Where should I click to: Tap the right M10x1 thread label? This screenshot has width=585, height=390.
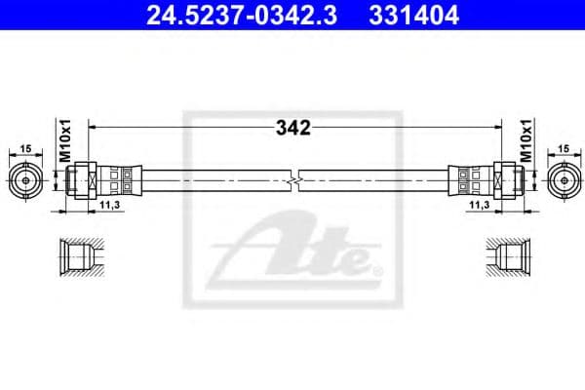click(524, 140)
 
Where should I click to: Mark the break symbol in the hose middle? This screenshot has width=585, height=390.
click(293, 179)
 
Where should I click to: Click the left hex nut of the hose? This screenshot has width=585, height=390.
click(86, 179)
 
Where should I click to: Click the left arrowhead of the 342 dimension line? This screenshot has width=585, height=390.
click(93, 127)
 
